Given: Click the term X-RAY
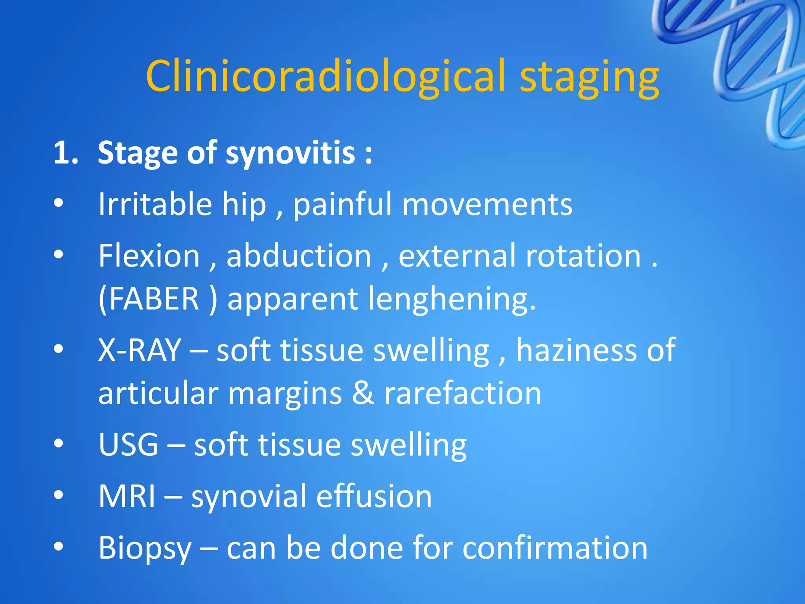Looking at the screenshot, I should [140, 350].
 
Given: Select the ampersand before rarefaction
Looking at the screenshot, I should [363, 393].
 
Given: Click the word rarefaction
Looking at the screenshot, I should [463, 393].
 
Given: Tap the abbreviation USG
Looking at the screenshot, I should [128, 444].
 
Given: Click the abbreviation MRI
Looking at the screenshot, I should [127, 496].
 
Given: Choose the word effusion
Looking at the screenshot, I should [374, 496].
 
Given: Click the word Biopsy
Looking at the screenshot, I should [145, 548].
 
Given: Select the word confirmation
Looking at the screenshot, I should [555, 547].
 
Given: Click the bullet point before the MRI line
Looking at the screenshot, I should [59, 495].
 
